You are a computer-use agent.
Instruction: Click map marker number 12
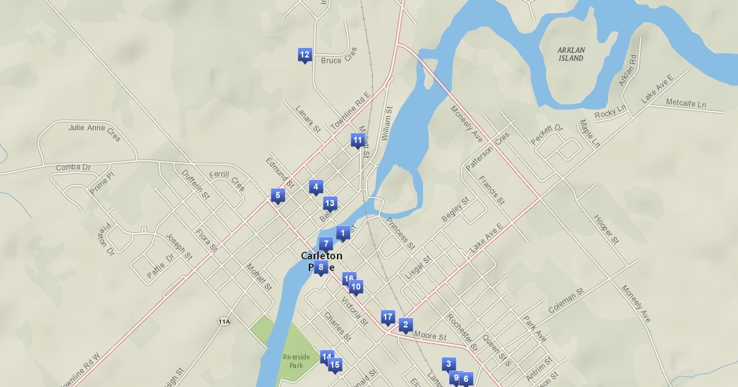(x=304, y=55)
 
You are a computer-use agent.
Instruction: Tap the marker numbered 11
(x=357, y=141)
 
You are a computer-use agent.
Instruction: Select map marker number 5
(x=278, y=196)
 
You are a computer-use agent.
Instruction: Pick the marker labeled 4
(x=315, y=187)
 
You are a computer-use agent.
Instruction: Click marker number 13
(x=330, y=203)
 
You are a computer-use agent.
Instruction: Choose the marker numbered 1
(x=343, y=233)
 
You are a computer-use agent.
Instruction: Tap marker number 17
(x=387, y=317)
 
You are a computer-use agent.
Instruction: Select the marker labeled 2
(x=405, y=325)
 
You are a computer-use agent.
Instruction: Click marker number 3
(x=449, y=364)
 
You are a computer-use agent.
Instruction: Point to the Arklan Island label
(x=571, y=54)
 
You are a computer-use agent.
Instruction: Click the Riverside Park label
(x=293, y=361)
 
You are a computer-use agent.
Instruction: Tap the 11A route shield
(x=224, y=321)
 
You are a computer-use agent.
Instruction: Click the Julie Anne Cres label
(x=95, y=131)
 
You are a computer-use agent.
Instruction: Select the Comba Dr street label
(x=73, y=167)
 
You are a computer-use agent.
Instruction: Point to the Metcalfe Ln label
(x=686, y=104)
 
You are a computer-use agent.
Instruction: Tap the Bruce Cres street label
(x=339, y=57)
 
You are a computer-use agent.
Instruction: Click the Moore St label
(x=430, y=336)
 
